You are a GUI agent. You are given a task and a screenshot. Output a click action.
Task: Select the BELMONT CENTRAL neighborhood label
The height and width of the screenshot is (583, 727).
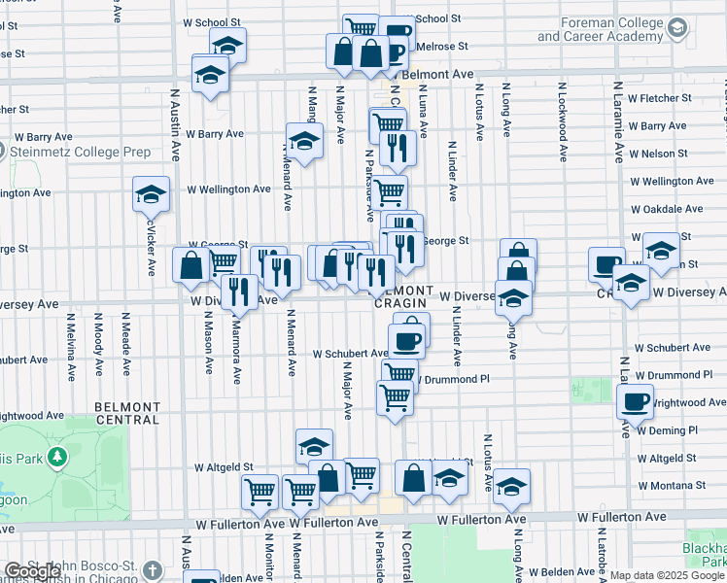[127, 413]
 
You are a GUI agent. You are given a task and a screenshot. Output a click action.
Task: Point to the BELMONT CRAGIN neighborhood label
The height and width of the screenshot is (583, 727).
[401, 297]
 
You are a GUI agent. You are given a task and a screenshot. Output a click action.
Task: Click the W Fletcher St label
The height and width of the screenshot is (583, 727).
[659, 98]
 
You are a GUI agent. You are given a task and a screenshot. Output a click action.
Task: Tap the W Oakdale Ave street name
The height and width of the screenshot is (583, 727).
[666, 209]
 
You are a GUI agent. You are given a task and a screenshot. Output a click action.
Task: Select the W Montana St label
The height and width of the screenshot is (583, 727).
[671, 485]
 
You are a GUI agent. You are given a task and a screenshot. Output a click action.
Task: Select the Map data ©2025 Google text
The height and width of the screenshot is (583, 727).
[668, 575]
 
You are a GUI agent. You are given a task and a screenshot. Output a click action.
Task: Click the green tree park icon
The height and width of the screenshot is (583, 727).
[57, 456]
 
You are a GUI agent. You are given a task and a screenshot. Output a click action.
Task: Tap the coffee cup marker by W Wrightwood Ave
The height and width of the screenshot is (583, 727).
[637, 401]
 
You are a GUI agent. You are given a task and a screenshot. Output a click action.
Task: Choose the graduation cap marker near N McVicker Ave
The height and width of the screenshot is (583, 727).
[151, 194]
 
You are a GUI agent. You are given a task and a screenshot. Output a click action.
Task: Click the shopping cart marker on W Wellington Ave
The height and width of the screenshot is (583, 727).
[390, 190]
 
